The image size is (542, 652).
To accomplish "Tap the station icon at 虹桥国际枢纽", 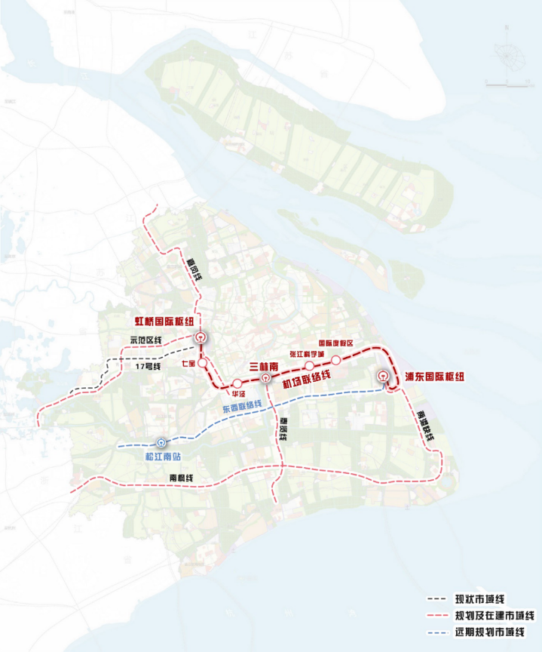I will click(201, 338).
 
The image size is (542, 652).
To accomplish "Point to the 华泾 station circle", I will click(237, 383).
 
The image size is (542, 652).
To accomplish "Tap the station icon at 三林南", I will click(265, 377).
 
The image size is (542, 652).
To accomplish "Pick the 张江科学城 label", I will click(307, 354).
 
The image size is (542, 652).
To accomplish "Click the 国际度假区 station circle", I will click(336, 361).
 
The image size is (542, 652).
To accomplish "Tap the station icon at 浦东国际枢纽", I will click(383, 377).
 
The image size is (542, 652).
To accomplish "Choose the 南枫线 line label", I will click(182, 478).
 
